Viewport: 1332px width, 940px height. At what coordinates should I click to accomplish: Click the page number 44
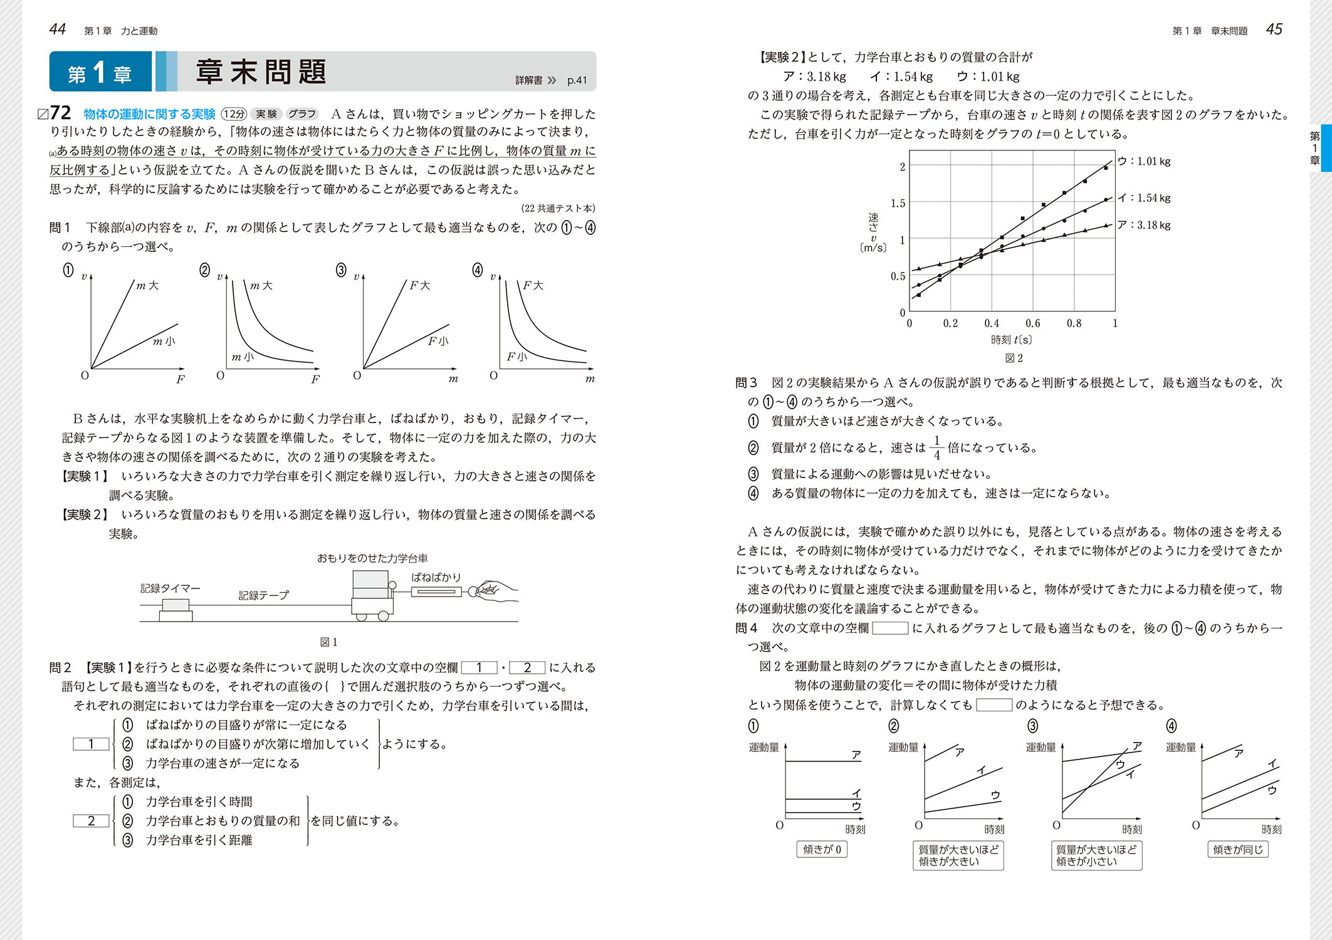click(x=58, y=29)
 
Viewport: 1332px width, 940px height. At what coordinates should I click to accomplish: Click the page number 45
click(x=1274, y=29)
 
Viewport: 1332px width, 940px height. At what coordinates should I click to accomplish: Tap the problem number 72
click(x=60, y=113)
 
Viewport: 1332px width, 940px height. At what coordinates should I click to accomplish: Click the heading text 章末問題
click(x=261, y=71)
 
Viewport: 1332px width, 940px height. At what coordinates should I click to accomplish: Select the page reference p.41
click(x=577, y=80)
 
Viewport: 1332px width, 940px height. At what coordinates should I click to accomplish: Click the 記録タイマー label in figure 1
click(x=170, y=588)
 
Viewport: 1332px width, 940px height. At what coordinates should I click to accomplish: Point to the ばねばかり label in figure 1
click(x=436, y=577)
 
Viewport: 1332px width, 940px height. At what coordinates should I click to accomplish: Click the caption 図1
click(x=329, y=642)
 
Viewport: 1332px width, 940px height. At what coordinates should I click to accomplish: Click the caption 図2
click(x=1014, y=358)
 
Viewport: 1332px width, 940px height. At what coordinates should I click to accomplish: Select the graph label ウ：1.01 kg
click(x=1144, y=161)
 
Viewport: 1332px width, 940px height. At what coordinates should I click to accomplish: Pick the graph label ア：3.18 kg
click(x=1144, y=225)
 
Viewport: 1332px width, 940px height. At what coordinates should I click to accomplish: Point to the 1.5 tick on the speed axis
click(x=898, y=203)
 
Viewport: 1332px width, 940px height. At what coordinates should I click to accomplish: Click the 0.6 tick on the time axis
click(x=1032, y=323)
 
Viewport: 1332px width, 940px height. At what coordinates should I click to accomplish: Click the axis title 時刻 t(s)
click(x=1011, y=340)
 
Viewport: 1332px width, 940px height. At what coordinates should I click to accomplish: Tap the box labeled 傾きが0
click(x=822, y=849)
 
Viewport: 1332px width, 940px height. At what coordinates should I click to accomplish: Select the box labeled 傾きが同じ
click(x=1237, y=849)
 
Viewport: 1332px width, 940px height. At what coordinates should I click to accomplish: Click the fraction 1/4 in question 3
click(x=936, y=447)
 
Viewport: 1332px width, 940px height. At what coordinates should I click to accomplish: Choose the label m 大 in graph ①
click(x=147, y=286)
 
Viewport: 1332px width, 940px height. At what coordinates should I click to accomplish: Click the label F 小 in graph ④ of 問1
click(x=517, y=357)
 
